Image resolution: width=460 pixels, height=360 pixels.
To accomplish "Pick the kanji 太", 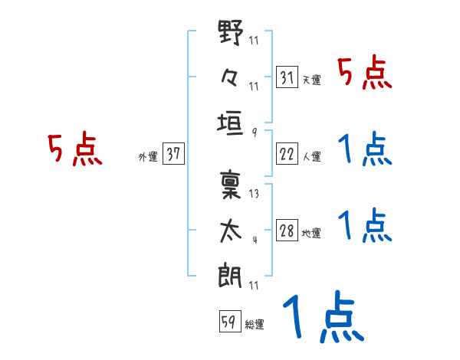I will [232, 231].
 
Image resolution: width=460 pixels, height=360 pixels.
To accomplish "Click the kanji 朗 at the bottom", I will [232, 274].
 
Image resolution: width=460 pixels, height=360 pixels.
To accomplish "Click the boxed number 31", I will [287, 78].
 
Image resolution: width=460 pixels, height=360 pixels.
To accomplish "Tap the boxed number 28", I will [287, 231].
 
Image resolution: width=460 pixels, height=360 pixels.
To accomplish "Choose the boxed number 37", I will [173, 154].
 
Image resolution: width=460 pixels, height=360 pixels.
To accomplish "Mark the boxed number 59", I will [228, 322].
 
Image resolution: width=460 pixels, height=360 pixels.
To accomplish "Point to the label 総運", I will [255, 325].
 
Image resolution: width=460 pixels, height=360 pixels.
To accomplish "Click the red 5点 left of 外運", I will [74, 150].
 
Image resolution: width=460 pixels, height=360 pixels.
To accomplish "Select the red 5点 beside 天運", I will [365, 74].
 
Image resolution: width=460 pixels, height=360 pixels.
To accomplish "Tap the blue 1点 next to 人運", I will [365, 149].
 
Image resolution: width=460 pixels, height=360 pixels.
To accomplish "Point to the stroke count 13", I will [254, 195].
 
